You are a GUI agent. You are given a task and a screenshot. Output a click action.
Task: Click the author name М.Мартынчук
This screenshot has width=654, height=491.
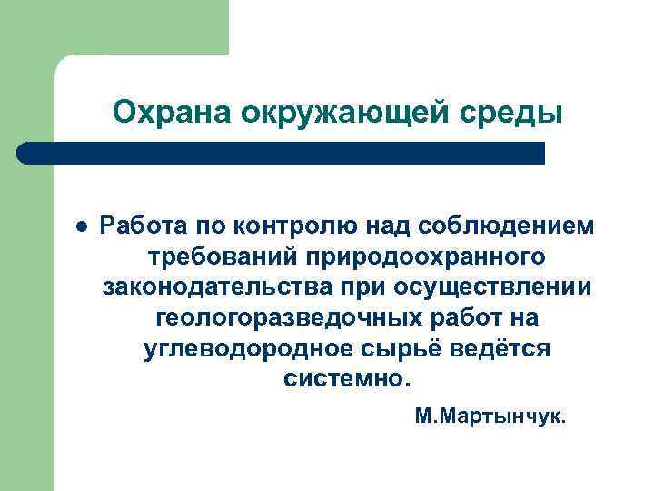[490, 418]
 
